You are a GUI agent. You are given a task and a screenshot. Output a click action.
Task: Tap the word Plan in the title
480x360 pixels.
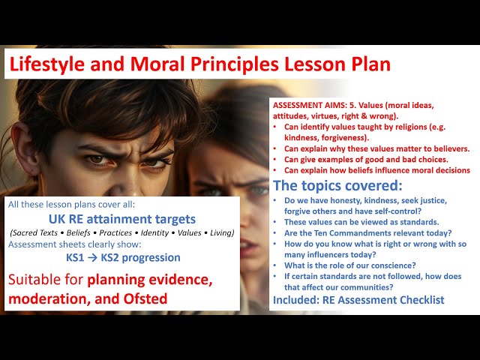coord(365,64)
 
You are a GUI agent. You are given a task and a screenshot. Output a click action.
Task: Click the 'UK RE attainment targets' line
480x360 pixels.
coord(121,219)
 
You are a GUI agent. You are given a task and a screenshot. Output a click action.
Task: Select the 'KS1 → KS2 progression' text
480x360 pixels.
coord(122,257)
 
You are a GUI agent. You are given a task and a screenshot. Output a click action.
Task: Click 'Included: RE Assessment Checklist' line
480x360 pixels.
coord(358,300)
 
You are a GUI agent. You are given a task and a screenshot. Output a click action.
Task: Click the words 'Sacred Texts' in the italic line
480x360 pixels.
coord(34,232)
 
